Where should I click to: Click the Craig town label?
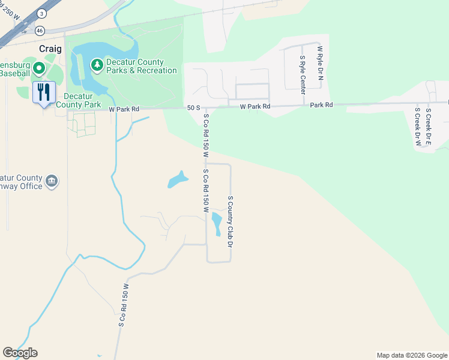(51, 49)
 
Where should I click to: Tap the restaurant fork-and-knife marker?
(44, 92)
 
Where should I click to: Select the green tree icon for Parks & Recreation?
(97, 64)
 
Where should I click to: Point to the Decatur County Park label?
(78, 100)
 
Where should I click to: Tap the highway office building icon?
(52, 181)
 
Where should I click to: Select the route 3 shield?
(41, 13)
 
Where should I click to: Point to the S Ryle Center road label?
(303, 74)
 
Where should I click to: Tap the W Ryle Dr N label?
(320, 66)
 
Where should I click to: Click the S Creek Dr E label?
(429, 127)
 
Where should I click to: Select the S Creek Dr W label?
(417, 127)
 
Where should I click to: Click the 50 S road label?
(193, 107)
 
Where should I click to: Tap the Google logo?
(20, 353)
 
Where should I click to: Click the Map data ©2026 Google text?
(411, 355)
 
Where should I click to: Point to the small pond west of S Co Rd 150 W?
(177, 179)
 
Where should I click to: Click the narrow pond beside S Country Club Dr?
(217, 224)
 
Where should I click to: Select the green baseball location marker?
(40, 68)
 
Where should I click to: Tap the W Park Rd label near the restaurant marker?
(124, 109)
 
